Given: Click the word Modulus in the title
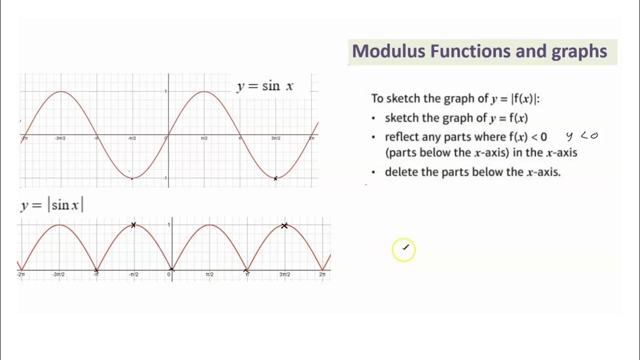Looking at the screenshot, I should click(x=388, y=51).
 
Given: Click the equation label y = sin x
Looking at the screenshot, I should click(x=265, y=86).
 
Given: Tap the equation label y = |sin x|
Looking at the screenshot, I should click(x=52, y=205).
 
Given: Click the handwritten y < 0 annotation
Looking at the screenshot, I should click(x=582, y=136).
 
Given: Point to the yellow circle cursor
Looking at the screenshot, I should click(x=404, y=249).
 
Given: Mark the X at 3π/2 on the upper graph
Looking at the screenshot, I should click(x=275, y=178).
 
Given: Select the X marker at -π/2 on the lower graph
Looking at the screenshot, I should click(x=133, y=225).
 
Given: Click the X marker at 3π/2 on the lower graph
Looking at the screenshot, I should click(x=284, y=226).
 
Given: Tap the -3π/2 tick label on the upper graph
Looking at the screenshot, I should click(x=60, y=138).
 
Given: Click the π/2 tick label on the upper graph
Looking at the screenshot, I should click(x=204, y=138).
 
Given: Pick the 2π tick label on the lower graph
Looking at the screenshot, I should click(x=322, y=274).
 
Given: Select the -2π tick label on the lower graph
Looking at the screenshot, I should click(x=21, y=274).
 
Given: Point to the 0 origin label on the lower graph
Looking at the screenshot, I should click(x=169, y=274).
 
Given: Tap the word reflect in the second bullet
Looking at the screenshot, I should click(x=402, y=137).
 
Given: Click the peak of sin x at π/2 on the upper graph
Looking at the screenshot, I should click(x=204, y=91).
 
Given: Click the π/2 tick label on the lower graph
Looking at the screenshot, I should click(x=209, y=274).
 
